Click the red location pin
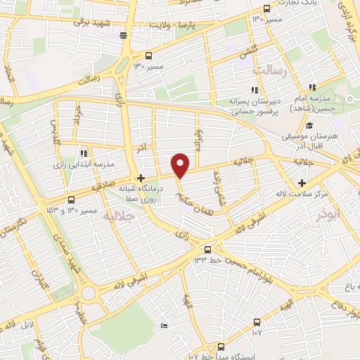pyautogui.click(x=181, y=165)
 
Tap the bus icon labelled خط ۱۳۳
pyautogui.click(x=207, y=250)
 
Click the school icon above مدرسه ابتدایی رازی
pyautogui.click(x=84, y=153)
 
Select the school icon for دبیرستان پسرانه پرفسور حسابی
pyautogui.click(x=253, y=90)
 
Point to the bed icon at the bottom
pyautogui.click(x=164, y=326)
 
